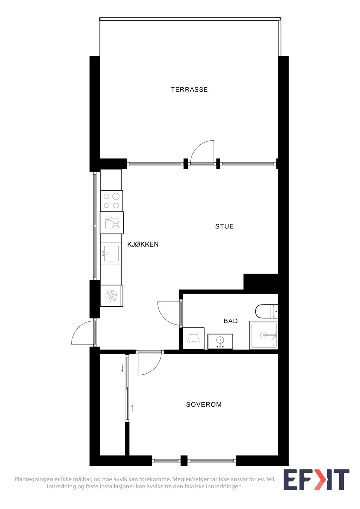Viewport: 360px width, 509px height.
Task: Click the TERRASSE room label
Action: click(x=189, y=90)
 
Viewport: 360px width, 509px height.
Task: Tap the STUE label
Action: click(x=224, y=227)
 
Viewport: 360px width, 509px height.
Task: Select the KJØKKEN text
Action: click(x=143, y=244)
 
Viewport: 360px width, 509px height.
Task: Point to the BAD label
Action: click(x=230, y=321)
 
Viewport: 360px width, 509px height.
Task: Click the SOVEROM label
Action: click(x=204, y=405)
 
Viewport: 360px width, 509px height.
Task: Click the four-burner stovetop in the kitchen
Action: click(x=111, y=201)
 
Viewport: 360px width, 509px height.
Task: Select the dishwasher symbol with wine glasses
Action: click(x=111, y=222)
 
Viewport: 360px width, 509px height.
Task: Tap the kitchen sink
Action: click(x=111, y=254)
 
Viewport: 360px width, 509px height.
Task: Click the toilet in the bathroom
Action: click(x=267, y=311)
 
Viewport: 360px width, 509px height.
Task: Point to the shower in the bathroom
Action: click(x=264, y=335)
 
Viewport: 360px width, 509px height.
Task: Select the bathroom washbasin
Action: click(x=220, y=341)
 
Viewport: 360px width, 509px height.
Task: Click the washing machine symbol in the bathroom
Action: click(x=194, y=338)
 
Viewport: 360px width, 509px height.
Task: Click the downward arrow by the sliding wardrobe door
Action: click(x=122, y=368)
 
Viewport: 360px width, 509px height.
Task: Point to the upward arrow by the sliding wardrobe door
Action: click(x=132, y=408)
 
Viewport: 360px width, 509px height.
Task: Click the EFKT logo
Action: click(x=316, y=480)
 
